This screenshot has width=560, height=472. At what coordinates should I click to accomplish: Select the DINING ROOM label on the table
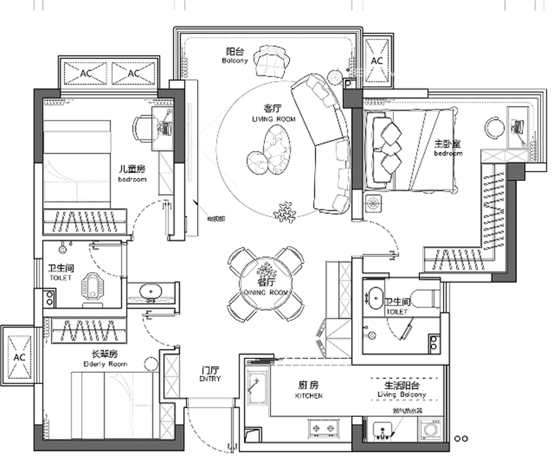pos(266,292)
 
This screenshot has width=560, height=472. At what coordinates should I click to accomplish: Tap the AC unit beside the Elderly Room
pos(20,356)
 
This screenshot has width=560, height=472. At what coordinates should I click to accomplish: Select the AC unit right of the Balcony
pos(377,60)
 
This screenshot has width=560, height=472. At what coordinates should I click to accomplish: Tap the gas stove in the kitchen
pos(324,429)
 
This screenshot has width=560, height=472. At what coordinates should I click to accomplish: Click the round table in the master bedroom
pos(495,128)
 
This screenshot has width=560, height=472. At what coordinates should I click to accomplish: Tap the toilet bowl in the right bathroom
pos(425,298)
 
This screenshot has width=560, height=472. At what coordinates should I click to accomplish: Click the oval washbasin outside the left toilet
pos(150,291)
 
